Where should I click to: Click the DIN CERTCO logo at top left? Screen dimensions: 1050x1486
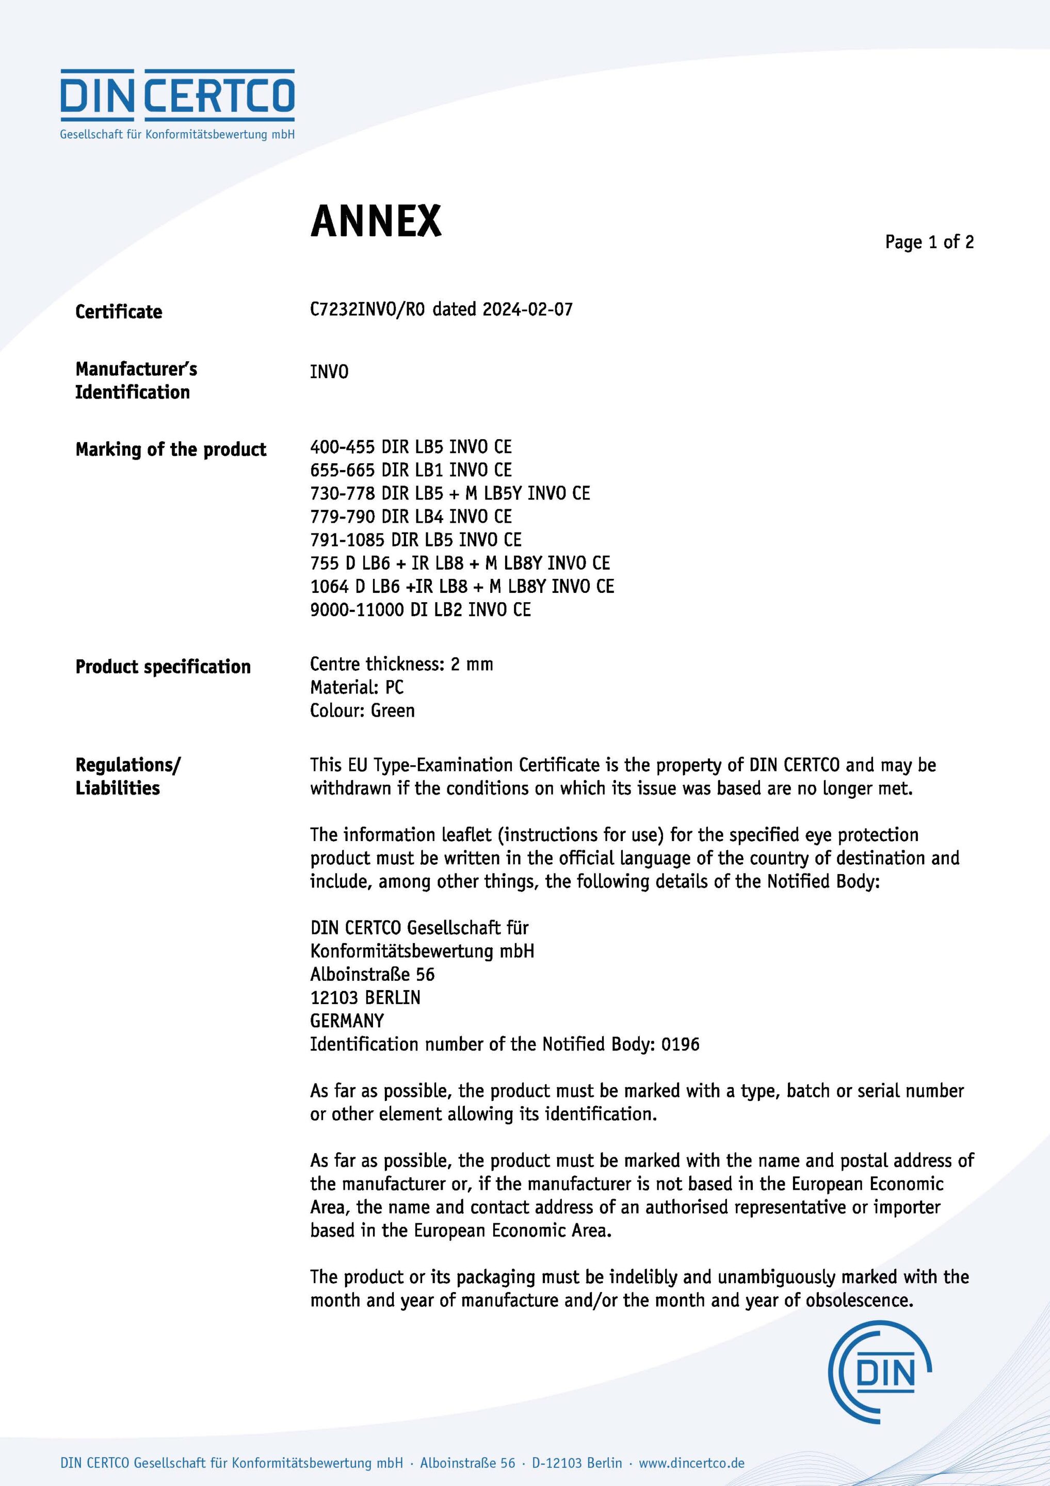(177, 104)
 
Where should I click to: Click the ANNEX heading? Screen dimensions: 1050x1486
(376, 221)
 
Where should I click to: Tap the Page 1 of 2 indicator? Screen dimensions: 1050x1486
(929, 242)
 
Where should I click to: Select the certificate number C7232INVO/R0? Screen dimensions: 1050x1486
(367, 310)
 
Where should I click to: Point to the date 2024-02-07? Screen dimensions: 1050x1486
(528, 310)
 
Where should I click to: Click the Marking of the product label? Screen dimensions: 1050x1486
(170, 449)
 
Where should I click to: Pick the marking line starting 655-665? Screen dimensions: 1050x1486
(410, 470)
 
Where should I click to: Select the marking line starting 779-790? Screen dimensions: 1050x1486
(410, 516)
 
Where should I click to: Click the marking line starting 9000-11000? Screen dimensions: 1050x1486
(420, 610)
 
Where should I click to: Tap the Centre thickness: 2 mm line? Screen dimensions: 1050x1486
(401, 664)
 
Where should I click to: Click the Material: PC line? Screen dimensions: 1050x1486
(357, 687)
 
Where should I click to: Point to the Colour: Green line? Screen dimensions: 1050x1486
(362, 710)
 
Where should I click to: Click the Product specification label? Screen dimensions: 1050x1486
(163, 667)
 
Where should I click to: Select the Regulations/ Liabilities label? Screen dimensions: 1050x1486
(127, 776)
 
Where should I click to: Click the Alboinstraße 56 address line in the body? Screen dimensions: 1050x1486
(372, 974)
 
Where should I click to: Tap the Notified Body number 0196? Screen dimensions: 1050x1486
(680, 1044)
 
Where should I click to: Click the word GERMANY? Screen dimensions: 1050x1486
(347, 1021)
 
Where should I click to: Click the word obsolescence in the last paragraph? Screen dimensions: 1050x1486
(859, 1300)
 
